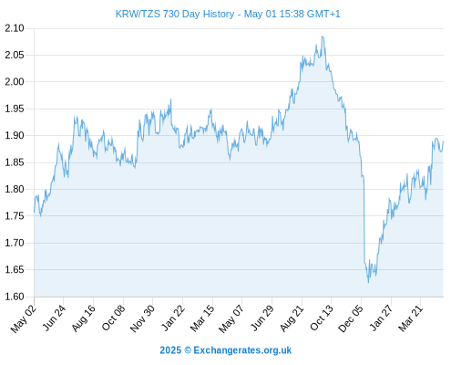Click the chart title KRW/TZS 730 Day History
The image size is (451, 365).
[x=175, y=14]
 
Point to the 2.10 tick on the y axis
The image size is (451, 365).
[x=15, y=28]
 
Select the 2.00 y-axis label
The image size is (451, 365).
[x=15, y=82]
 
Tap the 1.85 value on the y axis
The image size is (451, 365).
[x=15, y=162]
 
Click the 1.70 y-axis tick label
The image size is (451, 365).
[x=15, y=243]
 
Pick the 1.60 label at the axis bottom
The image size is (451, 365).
[x=15, y=297]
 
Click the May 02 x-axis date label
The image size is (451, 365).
[x=24, y=318]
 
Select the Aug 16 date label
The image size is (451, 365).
[x=83, y=318]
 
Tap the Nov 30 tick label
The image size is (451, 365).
[x=142, y=318]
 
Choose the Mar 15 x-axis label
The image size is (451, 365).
[x=202, y=318]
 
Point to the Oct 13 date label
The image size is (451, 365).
[x=322, y=318]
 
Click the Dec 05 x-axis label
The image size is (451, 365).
[x=351, y=318]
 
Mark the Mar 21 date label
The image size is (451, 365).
[x=410, y=318]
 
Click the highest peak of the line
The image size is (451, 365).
[x=322, y=36]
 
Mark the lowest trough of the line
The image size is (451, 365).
[x=369, y=283]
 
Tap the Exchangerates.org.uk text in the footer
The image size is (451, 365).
[x=242, y=350]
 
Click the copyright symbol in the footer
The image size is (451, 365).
[x=188, y=350]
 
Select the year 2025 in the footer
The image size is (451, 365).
[x=170, y=350]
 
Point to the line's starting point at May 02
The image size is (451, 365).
[x=34, y=212]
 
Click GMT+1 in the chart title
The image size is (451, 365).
[x=323, y=14]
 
